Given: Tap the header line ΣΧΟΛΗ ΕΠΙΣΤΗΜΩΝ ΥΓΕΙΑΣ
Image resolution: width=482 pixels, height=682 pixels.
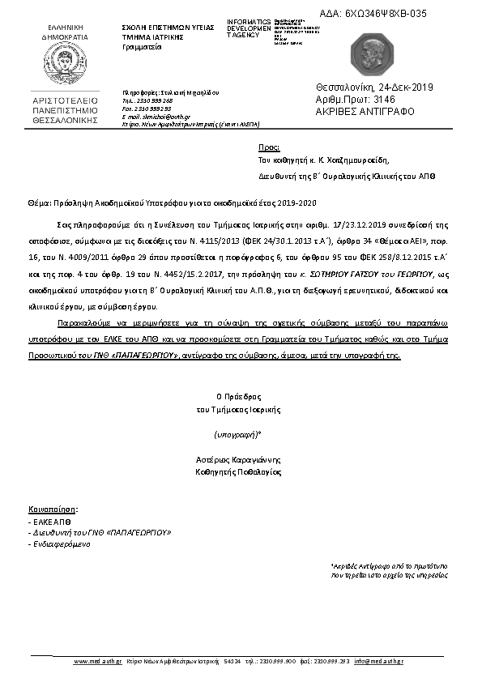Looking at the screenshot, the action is tap(167, 27).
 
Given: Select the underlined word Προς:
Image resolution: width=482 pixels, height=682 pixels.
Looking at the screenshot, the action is tap(268, 148).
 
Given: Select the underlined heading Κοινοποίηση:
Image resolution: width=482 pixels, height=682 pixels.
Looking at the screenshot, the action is tap(53, 509).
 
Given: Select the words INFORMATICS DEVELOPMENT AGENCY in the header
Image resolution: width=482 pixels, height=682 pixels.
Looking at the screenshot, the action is tap(249, 27).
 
